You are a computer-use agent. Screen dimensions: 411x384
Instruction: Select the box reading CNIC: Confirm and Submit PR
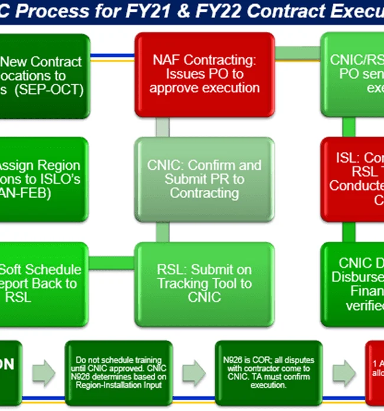(x=204, y=179)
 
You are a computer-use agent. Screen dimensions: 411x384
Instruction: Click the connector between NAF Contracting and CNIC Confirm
(x=162, y=125)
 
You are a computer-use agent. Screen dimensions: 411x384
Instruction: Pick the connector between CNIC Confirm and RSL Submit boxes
(x=162, y=232)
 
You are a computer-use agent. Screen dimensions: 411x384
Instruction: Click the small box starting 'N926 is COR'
(x=269, y=373)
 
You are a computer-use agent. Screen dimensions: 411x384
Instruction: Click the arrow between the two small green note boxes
(x=193, y=373)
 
